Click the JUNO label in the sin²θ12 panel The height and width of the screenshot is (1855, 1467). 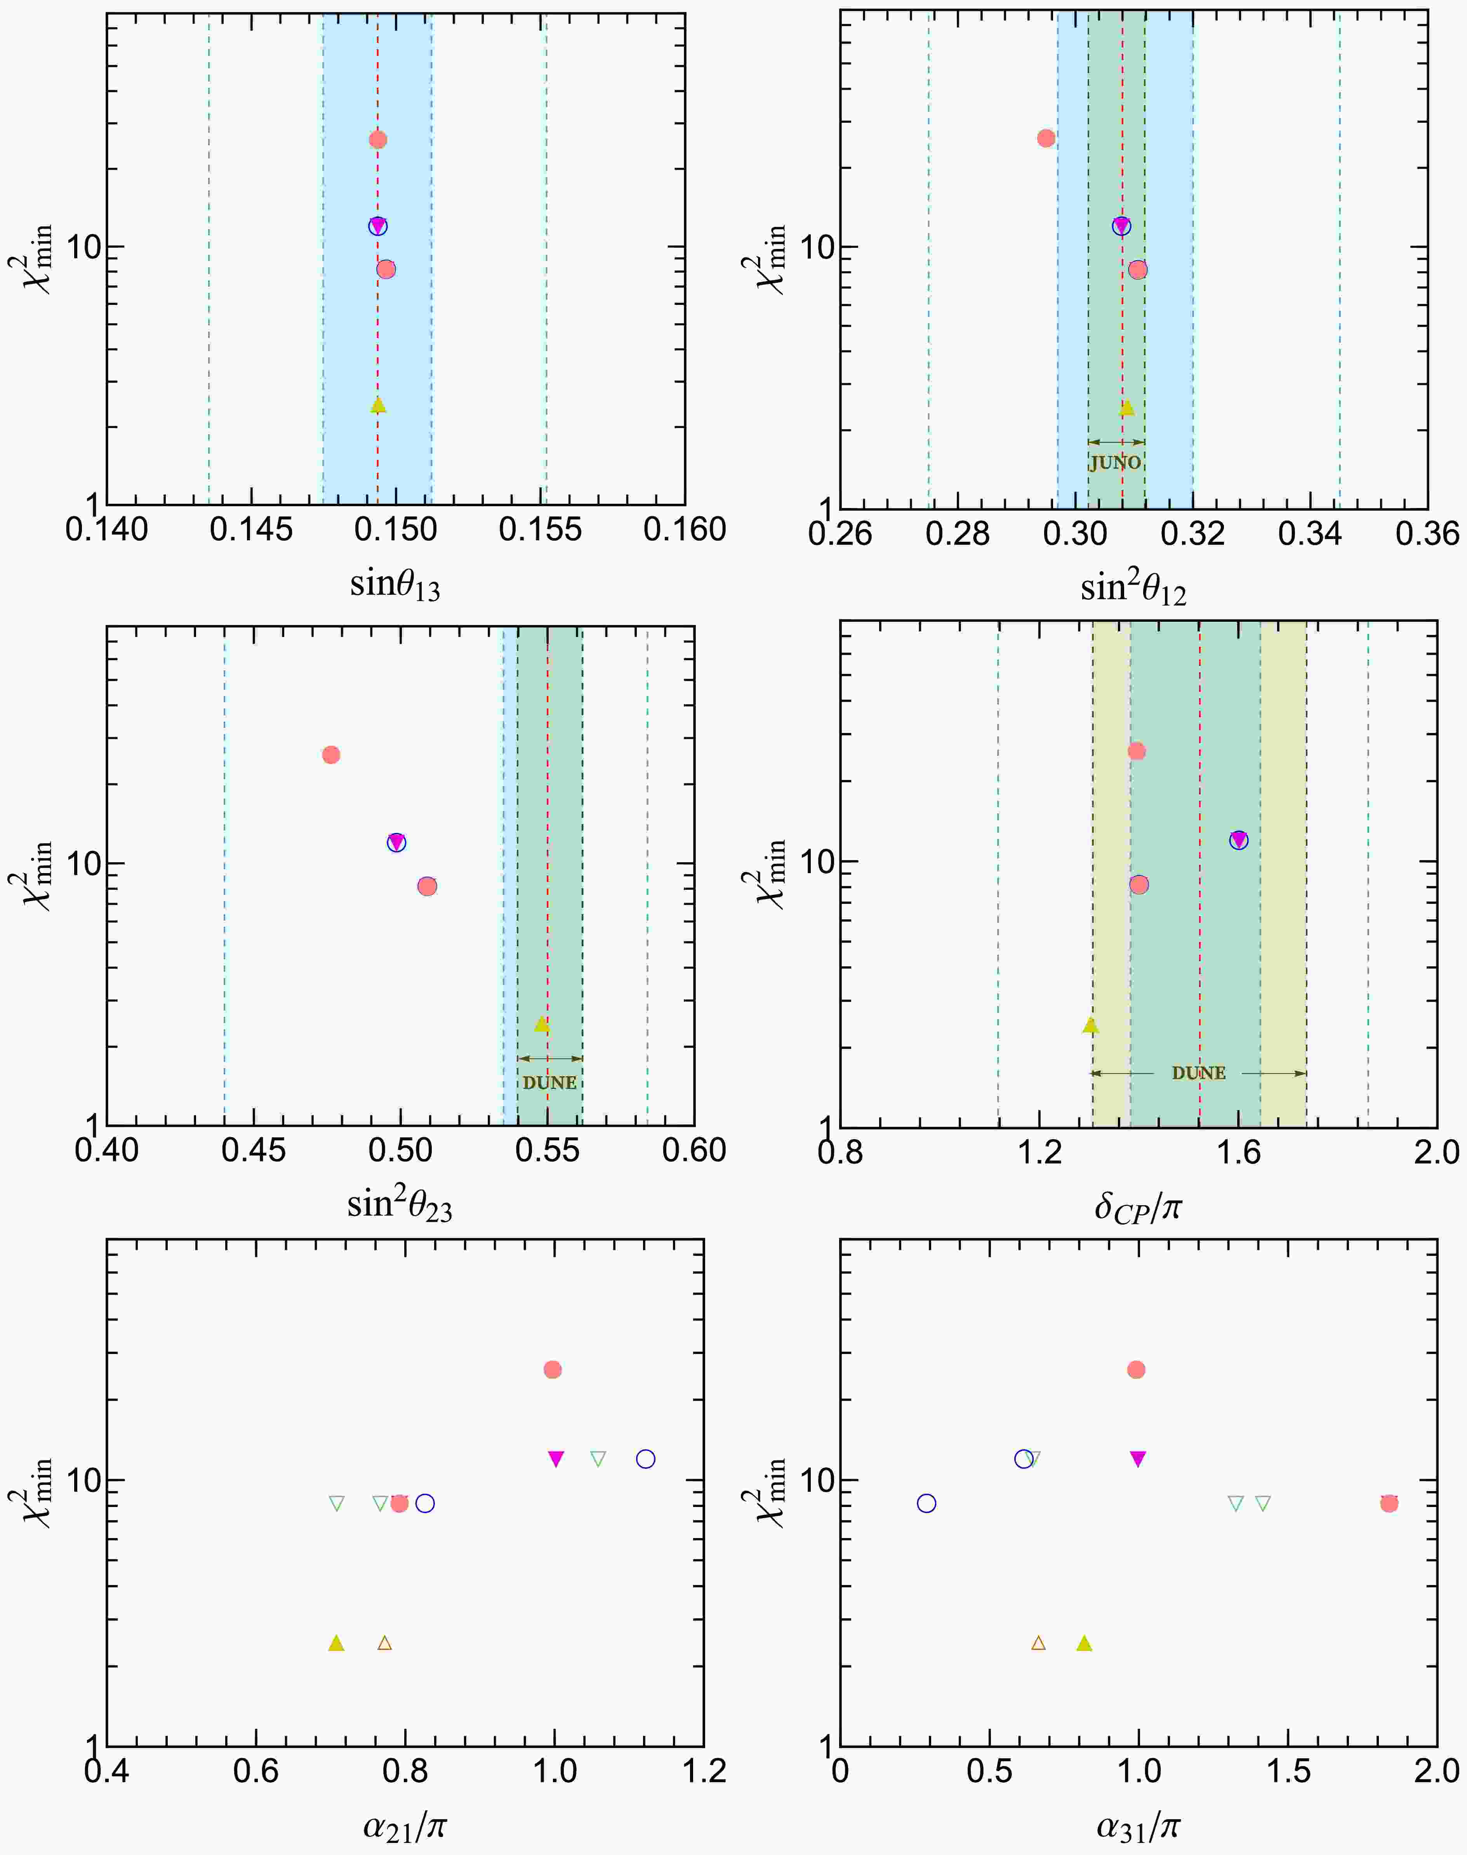click(x=1115, y=462)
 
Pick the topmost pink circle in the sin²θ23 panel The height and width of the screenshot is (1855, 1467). click(x=331, y=754)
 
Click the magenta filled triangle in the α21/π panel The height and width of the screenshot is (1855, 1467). click(x=556, y=1458)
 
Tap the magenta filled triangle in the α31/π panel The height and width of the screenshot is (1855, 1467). click(x=1138, y=1458)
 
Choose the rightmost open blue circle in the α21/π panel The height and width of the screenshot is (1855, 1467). click(x=646, y=1459)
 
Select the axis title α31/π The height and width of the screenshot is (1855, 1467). click(x=1138, y=1825)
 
